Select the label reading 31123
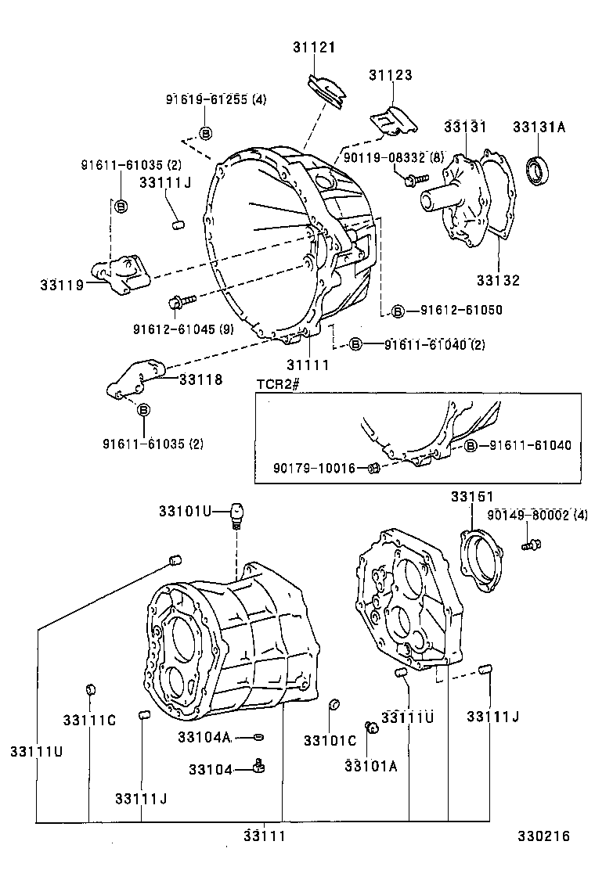pyautogui.click(x=391, y=76)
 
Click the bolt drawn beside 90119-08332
pyautogui.click(x=409, y=180)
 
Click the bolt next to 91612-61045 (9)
pyautogui.click(x=177, y=300)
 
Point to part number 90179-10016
pyautogui.click(x=314, y=468)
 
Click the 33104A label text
pyautogui.click(x=204, y=737)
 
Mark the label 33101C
pyautogui.click(x=330, y=740)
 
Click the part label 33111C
pyautogui.click(x=89, y=720)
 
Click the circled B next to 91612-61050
pyautogui.click(x=398, y=311)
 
